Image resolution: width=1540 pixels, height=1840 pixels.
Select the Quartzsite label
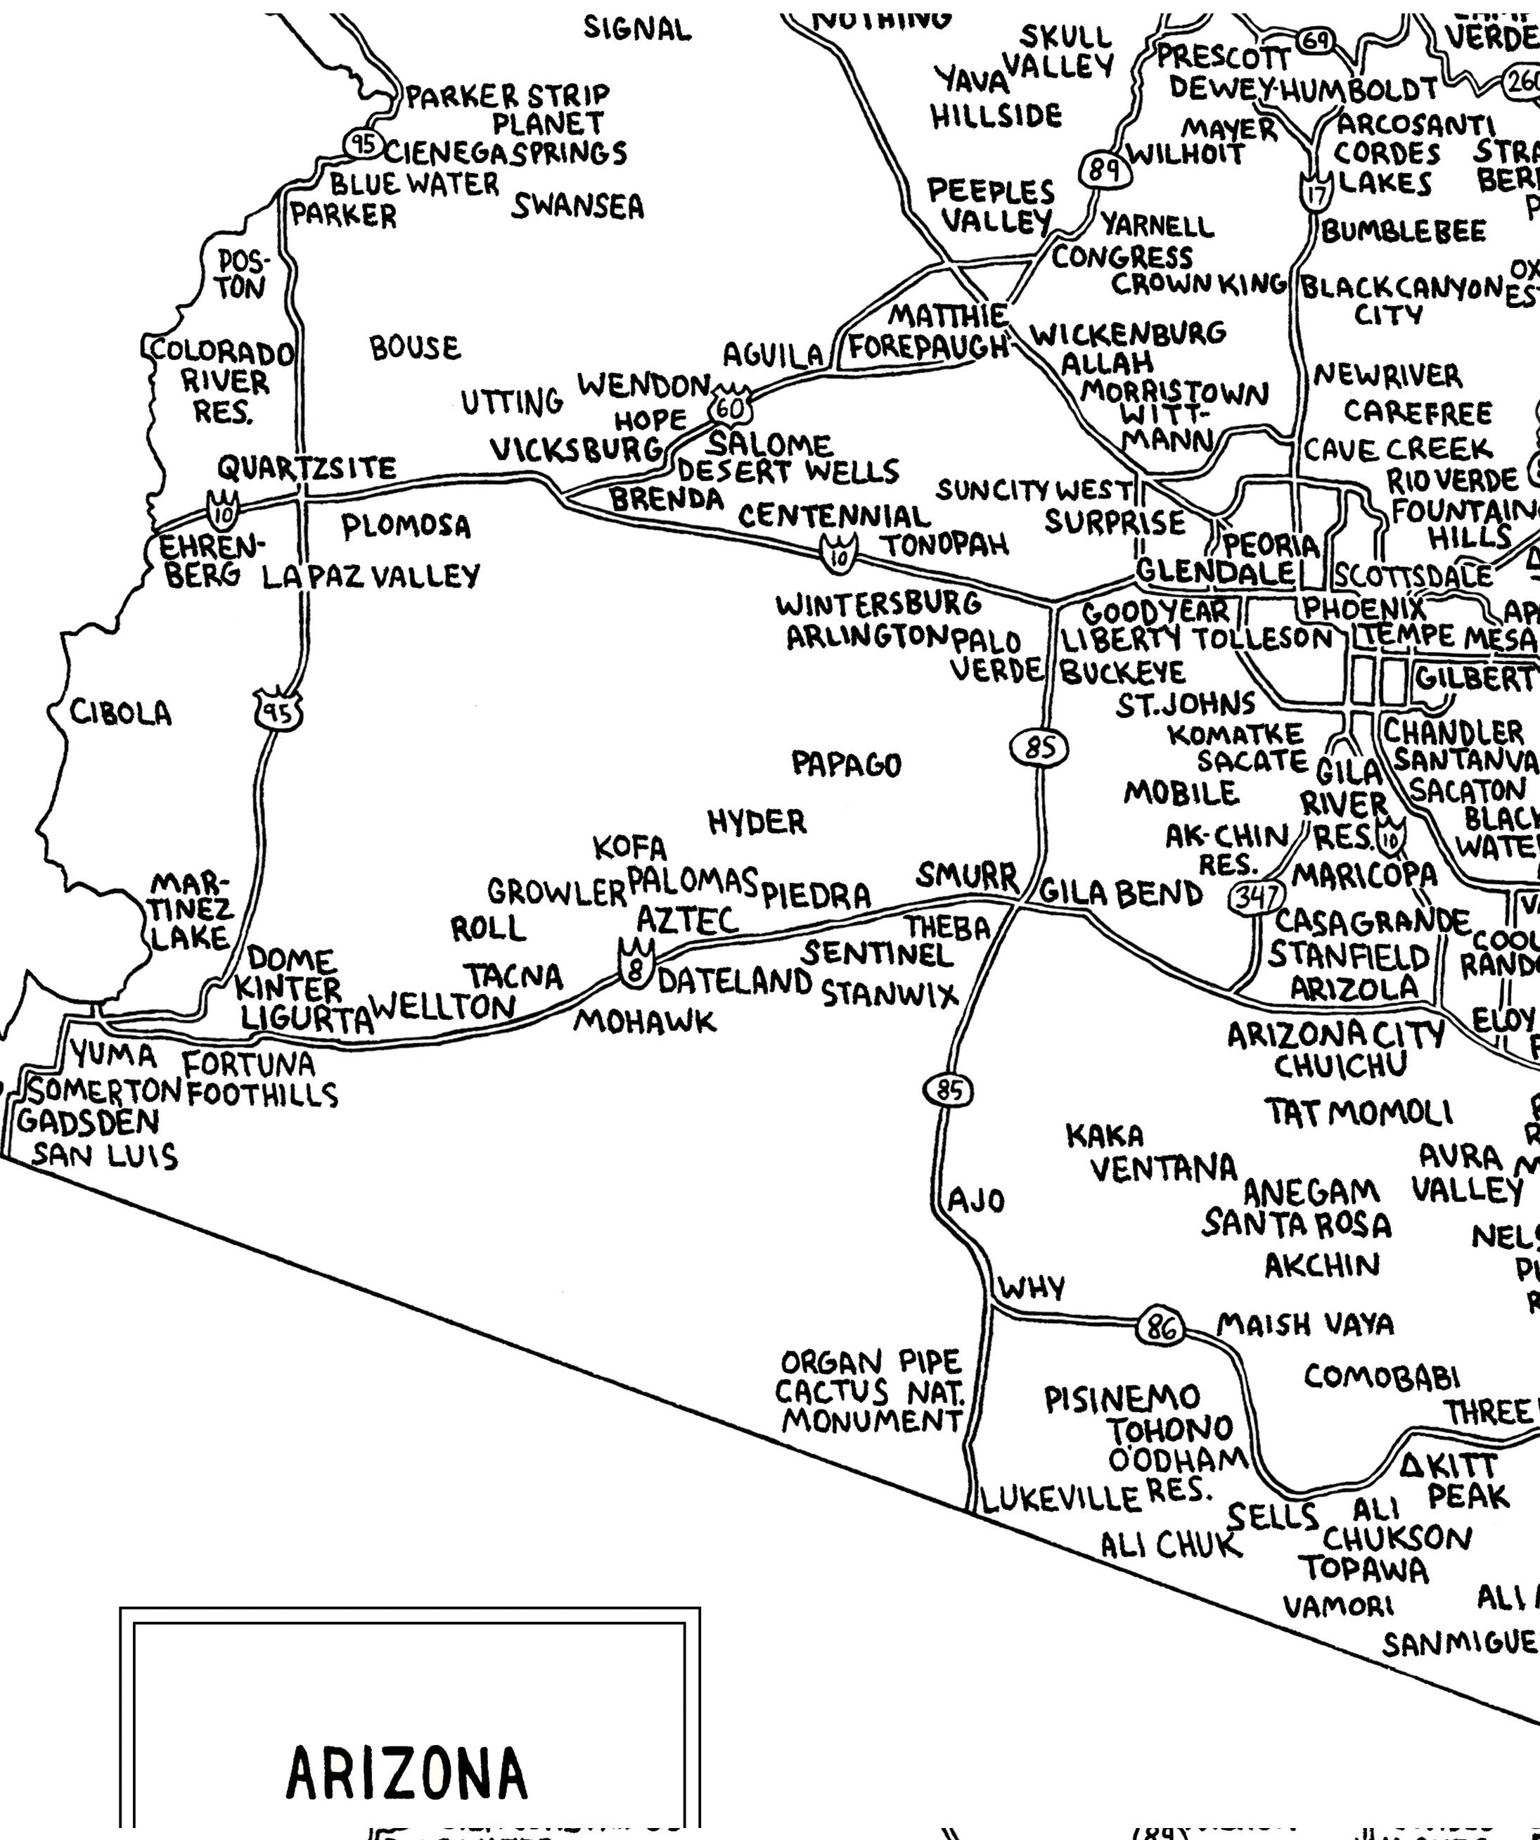coord(307,468)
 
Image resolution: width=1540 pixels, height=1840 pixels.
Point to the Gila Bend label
coord(1122,894)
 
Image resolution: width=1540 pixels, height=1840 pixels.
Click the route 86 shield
coord(1161,1329)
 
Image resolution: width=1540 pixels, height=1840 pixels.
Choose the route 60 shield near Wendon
coord(731,407)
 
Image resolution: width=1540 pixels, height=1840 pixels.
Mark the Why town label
coord(1032,1288)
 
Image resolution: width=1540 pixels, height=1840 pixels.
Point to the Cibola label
coord(121,713)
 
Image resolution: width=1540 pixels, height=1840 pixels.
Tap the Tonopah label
coord(944,545)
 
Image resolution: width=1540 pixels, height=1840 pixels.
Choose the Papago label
coord(846,764)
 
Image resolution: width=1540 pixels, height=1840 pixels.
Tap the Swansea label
coord(577,207)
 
